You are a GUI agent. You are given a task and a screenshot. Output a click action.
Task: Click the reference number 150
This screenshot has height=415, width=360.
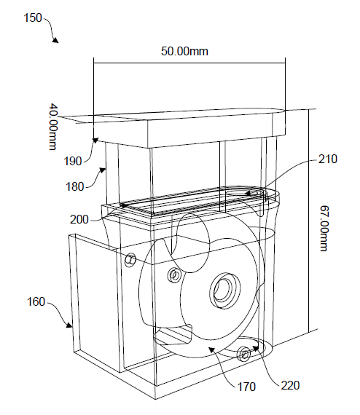click(33, 18)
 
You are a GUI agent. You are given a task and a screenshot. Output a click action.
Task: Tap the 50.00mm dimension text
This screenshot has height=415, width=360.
click(184, 51)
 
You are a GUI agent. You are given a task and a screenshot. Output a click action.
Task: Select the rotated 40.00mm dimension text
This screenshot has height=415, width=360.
click(53, 127)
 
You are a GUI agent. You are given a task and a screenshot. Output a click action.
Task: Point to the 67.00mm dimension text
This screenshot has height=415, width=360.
click(324, 228)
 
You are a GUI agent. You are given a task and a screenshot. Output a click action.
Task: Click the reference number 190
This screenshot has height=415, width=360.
click(73, 161)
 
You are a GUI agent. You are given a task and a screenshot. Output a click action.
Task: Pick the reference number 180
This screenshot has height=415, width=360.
click(75, 187)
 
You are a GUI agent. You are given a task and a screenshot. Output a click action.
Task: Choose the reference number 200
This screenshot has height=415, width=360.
click(79, 219)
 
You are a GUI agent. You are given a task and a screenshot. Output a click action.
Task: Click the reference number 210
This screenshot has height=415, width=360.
click(328, 159)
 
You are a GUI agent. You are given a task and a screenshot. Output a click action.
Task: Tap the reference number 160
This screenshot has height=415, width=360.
click(36, 301)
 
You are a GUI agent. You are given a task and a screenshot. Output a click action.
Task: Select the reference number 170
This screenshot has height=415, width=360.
click(246, 387)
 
